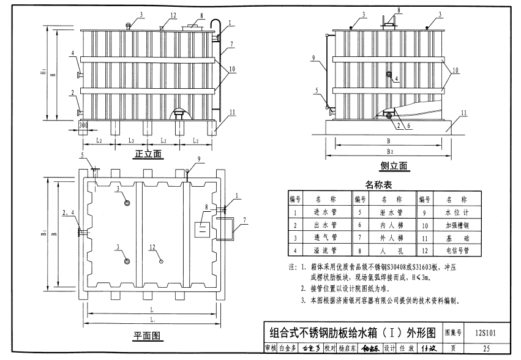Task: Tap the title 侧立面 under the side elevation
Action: (394, 166)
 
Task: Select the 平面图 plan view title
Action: (147, 336)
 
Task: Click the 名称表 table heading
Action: (378, 184)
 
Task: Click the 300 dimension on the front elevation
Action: (83, 125)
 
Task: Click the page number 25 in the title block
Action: (486, 349)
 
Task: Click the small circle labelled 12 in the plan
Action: (161, 261)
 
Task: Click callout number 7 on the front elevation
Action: (232, 45)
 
